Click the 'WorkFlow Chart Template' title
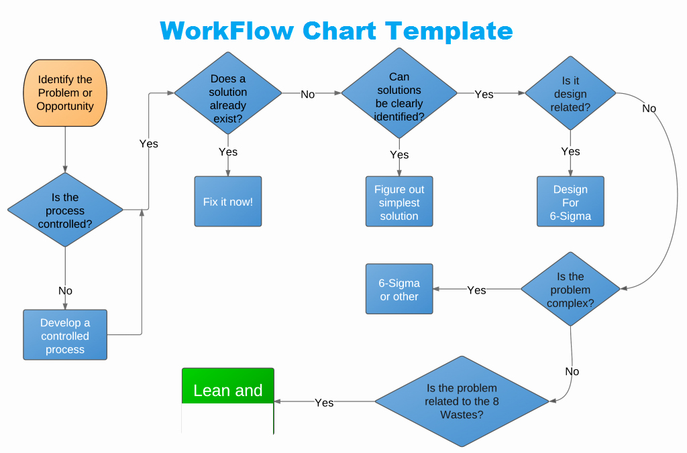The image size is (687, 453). pyautogui.click(x=336, y=31)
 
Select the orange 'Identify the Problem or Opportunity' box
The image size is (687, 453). pyautogui.click(x=65, y=92)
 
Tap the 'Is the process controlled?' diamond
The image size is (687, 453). pyautogui.click(x=65, y=210)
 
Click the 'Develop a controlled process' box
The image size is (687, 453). pyautogui.click(x=65, y=335)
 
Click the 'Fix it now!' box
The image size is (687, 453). pyautogui.click(x=228, y=201)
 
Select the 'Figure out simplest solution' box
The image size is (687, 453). pyautogui.click(x=399, y=202)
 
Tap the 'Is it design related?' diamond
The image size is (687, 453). pyautogui.click(x=570, y=93)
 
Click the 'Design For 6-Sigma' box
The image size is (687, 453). pyautogui.click(x=570, y=202)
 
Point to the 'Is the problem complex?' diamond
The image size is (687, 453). pyautogui.click(x=570, y=289)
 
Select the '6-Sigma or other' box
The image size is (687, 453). pyautogui.click(x=399, y=289)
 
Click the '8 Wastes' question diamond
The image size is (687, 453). pyautogui.click(x=462, y=401)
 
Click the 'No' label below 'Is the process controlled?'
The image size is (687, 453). pyautogui.click(x=65, y=291)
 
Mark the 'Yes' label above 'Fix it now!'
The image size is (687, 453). pyautogui.click(x=228, y=152)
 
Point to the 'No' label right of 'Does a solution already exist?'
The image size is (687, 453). pyautogui.click(x=308, y=94)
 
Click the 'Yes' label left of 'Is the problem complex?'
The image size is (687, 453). pyautogui.click(x=476, y=290)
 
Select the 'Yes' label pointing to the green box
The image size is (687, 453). pyautogui.click(x=324, y=403)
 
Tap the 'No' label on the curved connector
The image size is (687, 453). pyautogui.click(x=649, y=109)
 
